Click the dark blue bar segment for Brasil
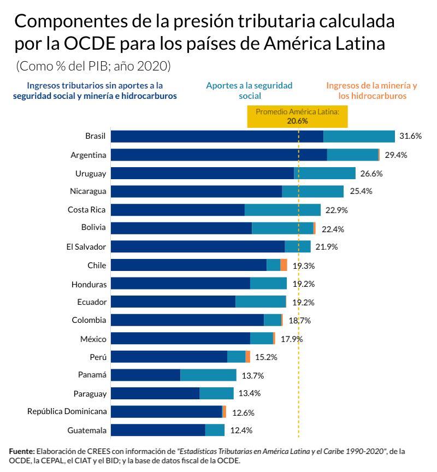click(217, 137)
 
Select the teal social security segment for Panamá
click(208, 375)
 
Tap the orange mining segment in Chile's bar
click(284, 265)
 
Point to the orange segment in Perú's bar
click(248, 357)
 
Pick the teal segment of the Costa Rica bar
click(282, 210)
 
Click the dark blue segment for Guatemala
click(158, 430)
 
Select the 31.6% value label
click(410, 137)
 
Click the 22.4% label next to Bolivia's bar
click(333, 229)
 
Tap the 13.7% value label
click(253, 375)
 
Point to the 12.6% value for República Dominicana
click(243, 412)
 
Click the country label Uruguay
click(91, 173)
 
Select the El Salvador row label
click(86, 247)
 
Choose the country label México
click(93, 339)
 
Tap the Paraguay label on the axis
click(90, 394)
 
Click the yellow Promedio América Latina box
click(298, 116)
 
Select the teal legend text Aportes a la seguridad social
click(249, 91)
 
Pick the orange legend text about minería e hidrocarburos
click(371, 91)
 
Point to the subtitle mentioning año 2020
click(93, 66)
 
